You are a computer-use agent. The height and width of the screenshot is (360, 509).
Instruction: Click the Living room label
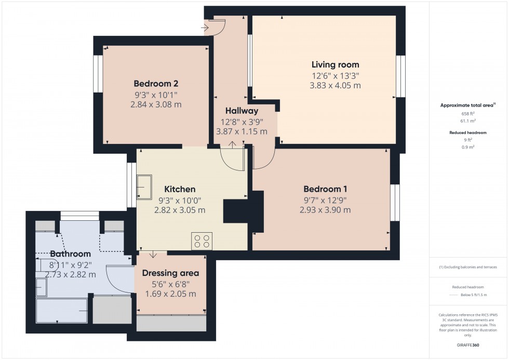click(x=335, y=65)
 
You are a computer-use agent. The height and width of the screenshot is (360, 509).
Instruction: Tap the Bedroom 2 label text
click(x=156, y=84)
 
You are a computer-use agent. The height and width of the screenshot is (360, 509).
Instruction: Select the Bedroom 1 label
click(x=325, y=189)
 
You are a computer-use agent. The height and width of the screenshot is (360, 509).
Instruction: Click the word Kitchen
click(x=180, y=189)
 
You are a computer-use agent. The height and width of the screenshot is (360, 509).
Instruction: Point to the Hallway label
click(x=242, y=111)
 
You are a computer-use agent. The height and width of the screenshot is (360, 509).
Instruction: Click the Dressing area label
click(x=170, y=273)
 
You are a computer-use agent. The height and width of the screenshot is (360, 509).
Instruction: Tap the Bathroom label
click(x=71, y=254)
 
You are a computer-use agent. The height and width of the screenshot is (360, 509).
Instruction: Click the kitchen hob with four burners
click(x=202, y=241)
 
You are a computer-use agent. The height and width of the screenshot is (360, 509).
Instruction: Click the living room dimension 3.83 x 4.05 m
click(x=335, y=86)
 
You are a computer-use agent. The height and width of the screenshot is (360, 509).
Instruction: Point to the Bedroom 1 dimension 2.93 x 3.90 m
click(x=325, y=210)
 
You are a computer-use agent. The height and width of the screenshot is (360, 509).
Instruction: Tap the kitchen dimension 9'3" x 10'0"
click(x=180, y=200)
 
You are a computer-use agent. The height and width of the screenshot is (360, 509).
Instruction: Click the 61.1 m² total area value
click(x=468, y=120)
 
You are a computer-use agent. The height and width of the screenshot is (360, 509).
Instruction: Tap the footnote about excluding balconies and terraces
click(x=468, y=267)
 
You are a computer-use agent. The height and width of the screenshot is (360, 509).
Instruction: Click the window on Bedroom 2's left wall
click(x=98, y=74)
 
